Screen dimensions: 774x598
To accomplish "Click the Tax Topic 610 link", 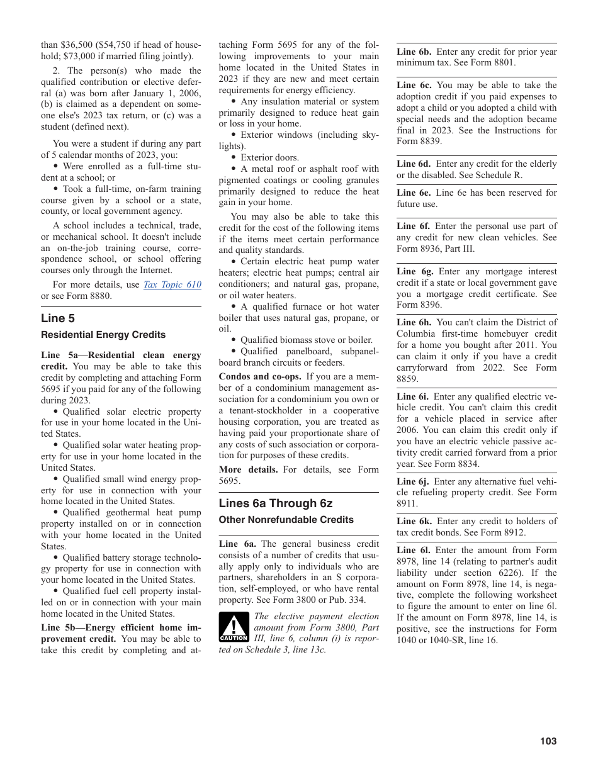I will (172, 284).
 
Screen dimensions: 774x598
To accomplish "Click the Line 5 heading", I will (58, 318).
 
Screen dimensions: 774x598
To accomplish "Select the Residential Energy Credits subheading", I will (103, 335).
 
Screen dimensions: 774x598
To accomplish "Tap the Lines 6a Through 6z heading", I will (275, 503).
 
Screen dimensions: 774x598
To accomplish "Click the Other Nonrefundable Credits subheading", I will (286, 520).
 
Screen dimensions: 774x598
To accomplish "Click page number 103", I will (548, 741).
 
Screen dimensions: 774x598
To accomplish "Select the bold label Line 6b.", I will (414, 52).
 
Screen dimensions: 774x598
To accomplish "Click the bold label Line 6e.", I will (414, 193).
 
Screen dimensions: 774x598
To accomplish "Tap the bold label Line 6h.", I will (414, 322).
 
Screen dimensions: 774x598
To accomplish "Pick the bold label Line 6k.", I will (414, 521).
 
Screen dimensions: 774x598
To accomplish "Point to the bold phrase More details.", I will (248, 469).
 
